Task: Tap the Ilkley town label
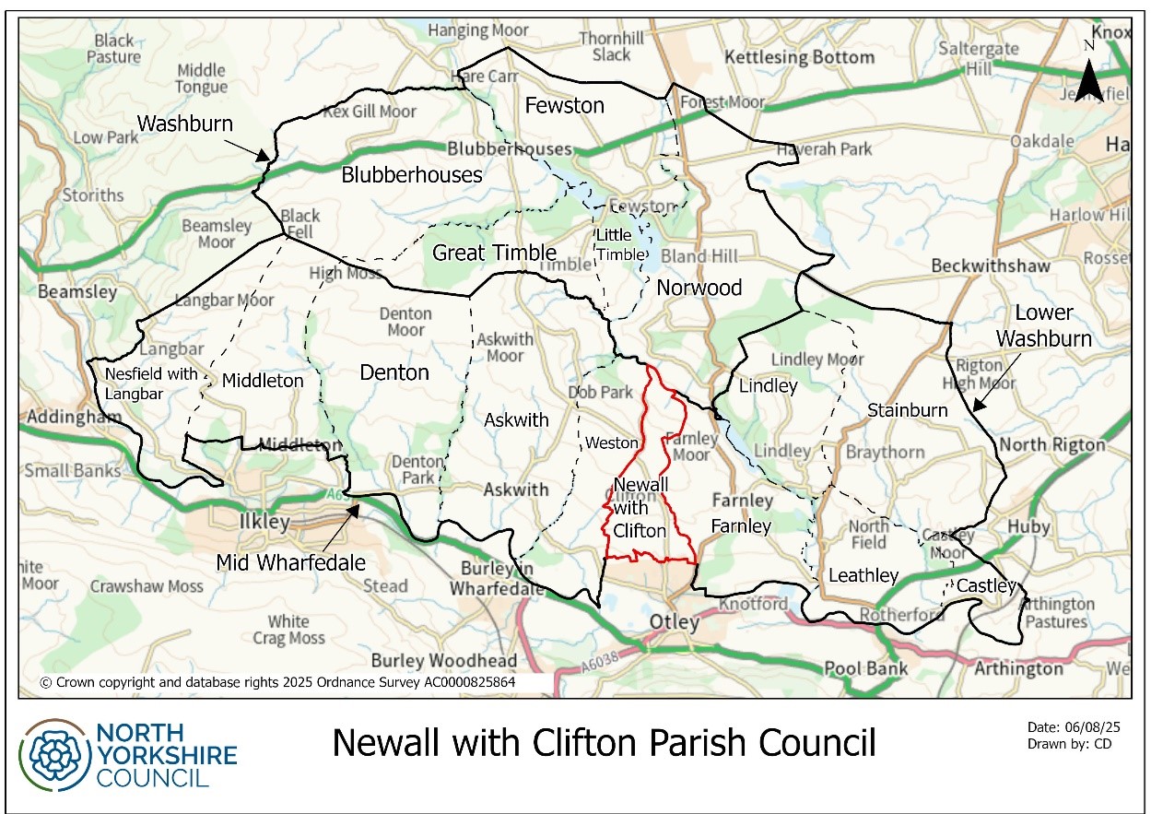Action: pyautogui.click(x=264, y=522)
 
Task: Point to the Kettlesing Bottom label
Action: pyautogui.click(x=799, y=57)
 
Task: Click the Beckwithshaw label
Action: pyautogui.click(x=991, y=265)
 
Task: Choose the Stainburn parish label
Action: pyautogui.click(x=908, y=410)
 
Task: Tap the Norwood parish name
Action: pyautogui.click(x=699, y=289)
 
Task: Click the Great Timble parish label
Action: pyautogui.click(x=494, y=253)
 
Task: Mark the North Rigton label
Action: pyautogui.click(x=1052, y=444)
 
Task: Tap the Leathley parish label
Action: pyautogui.click(x=863, y=576)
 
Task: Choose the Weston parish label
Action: pyautogui.click(x=611, y=443)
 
